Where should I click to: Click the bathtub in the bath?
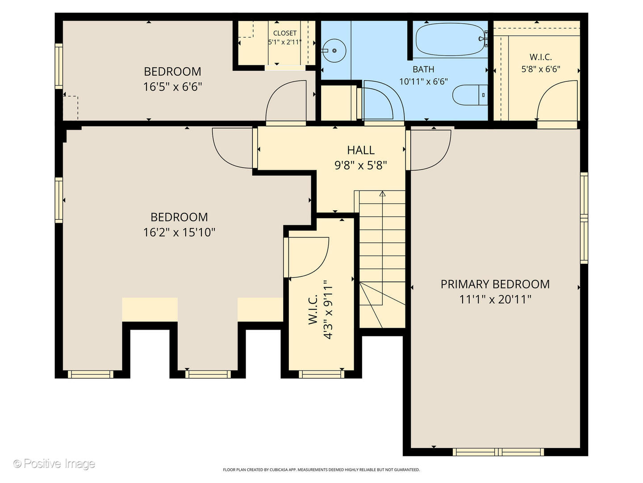[x=450, y=40]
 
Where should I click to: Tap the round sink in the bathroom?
[x=334, y=51]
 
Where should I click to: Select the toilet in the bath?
[x=470, y=95]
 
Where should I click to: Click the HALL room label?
[x=361, y=150]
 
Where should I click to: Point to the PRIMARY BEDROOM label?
[x=495, y=284]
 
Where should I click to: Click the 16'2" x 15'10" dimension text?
[x=179, y=233]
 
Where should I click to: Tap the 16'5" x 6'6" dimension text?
[x=172, y=87]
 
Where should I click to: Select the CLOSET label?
[x=285, y=33]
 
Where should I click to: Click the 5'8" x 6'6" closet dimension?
[x=541, y=69]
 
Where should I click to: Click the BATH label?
[x=423, y=69]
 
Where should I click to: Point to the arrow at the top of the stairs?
[x=382, y=194]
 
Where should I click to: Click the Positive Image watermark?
[x=54, y=464]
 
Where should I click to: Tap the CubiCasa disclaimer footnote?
[x=321, y=470]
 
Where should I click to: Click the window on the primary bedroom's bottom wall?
[x=498, y=452]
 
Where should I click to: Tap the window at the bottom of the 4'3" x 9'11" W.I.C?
[x=321, y=374]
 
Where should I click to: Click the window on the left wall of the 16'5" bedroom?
[x=59, y=66]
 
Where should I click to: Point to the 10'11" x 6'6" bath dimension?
[x=424, y=81]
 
